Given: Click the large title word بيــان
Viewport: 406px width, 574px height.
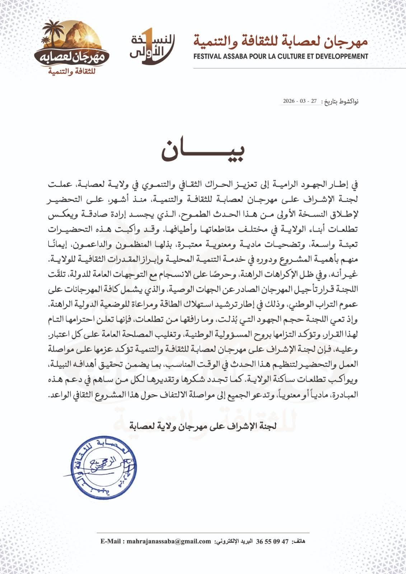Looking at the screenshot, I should [x=203, y=152].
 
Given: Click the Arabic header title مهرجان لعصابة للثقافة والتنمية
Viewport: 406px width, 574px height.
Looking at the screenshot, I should [x=281, y=41].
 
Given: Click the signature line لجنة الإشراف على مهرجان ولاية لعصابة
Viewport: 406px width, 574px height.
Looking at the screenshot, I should [x=203, y=426].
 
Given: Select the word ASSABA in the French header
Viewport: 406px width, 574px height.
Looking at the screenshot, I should [x=241, y=56].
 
